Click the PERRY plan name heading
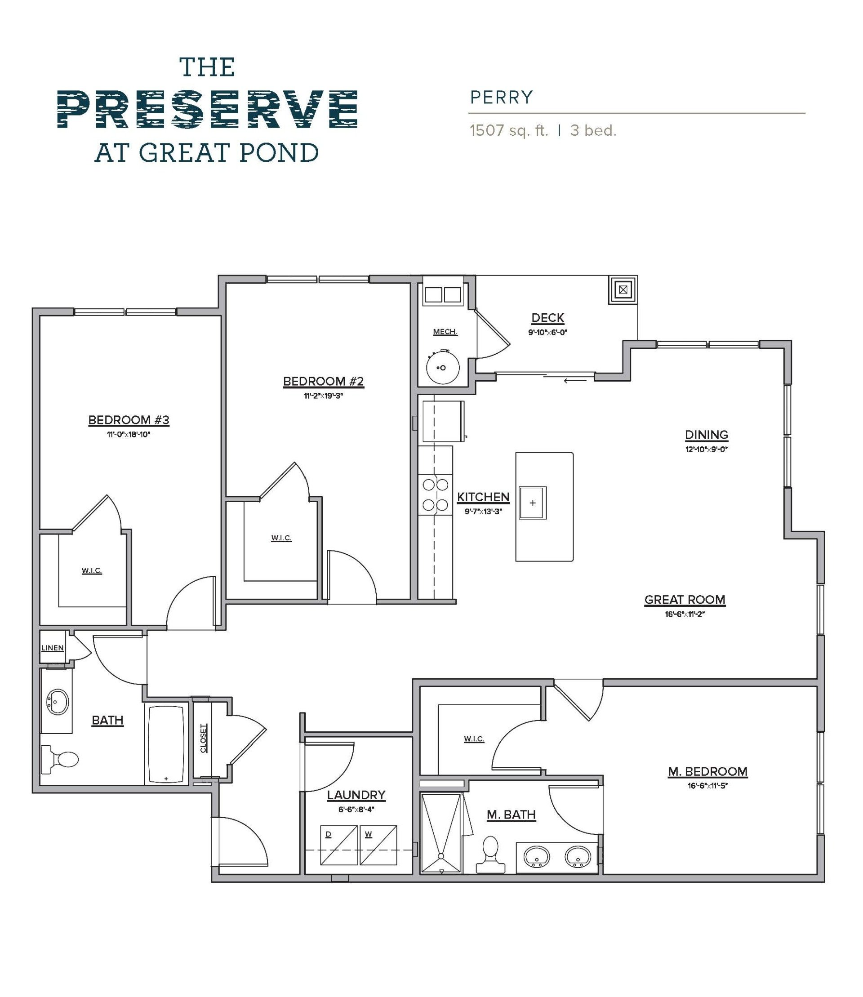(x=501, y=98)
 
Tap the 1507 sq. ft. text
(x=509, y=131)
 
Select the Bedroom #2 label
(x=323, y=382)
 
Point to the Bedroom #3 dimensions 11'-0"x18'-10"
(x=129, y=434)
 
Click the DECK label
(x=547, y=318)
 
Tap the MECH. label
(x=445, y=332)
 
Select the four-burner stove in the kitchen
(x=436, y=494)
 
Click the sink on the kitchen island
(x=533, y=503)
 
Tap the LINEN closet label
(x=53, y=648)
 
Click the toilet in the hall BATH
(x=60, y=760)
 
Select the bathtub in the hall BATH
(x=166, y=744)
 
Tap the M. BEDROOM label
(x=707, y=771)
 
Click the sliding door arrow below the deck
(x=575, y=380)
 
